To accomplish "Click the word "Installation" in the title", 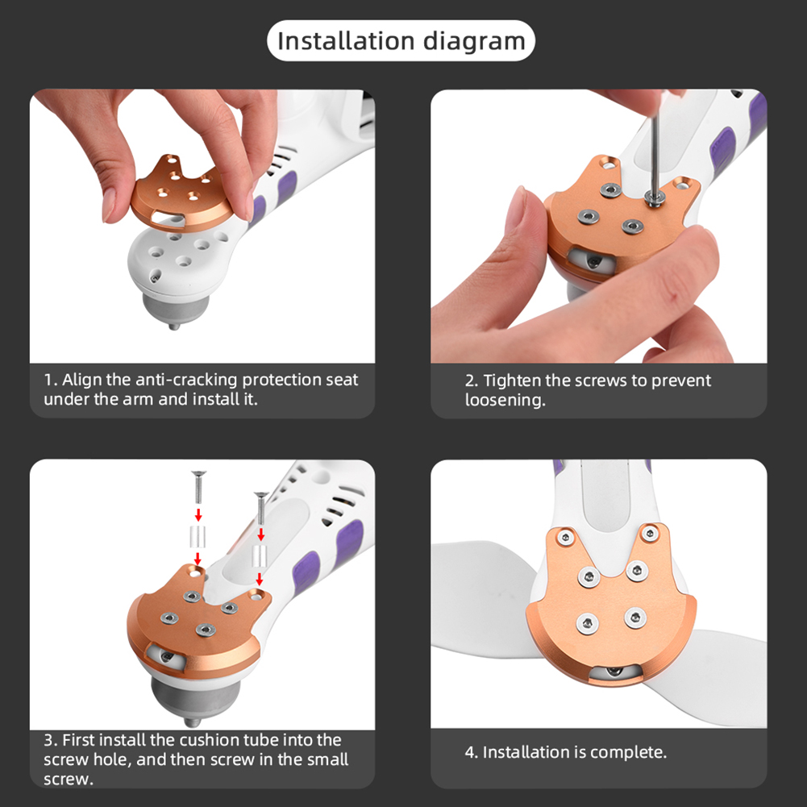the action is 346,40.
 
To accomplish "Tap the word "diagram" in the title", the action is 474,42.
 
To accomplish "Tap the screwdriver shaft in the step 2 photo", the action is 655,155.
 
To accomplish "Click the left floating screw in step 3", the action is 198,487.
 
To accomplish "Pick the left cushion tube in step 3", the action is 198,537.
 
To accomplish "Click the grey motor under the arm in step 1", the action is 174,309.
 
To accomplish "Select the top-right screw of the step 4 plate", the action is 650,535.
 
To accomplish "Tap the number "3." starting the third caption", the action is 51,741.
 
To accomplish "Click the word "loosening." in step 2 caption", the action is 505,401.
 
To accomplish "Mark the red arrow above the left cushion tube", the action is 198,514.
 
